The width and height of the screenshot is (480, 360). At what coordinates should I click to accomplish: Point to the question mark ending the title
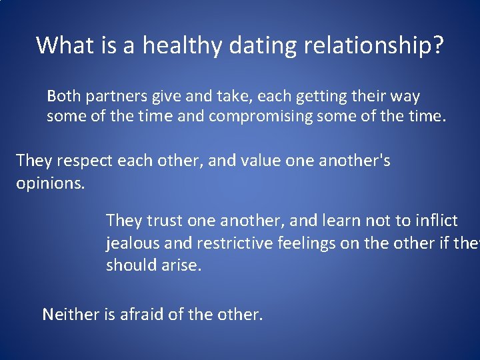coord(437,45)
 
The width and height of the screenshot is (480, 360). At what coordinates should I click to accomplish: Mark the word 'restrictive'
coord(226,243)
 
